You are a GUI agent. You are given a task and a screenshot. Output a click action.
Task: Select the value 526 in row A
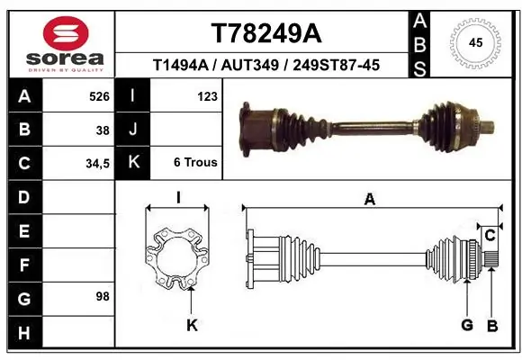(99, 95)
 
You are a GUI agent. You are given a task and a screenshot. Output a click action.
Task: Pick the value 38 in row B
(103, 130)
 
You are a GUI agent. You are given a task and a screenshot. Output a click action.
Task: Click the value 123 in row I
(207, 95)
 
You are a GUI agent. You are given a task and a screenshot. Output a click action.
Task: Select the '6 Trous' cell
(195, 163)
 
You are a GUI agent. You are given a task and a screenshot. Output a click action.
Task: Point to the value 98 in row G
(103, 296)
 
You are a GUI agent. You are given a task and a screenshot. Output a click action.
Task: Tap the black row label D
(24, 196)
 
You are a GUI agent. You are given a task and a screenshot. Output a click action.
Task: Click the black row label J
(133, 130)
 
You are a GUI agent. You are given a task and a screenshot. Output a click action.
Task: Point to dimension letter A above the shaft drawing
(369, 200)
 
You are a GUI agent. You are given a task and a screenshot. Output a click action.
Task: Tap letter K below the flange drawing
(191, 325)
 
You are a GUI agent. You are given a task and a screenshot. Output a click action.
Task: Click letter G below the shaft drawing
(467, 325)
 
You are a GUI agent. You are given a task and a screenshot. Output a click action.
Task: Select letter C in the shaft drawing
(490, 236)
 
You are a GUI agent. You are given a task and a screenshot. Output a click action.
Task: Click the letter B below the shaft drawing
(492, 325)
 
